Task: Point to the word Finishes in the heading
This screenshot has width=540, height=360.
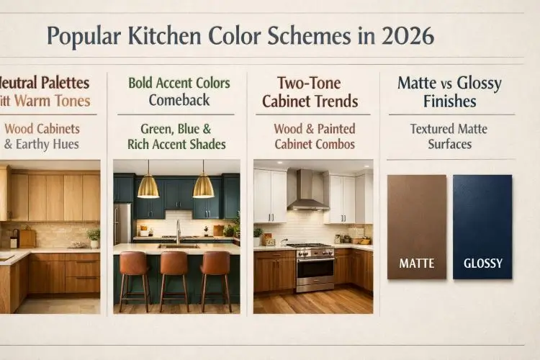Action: pyautogui.click(x=450, y=101)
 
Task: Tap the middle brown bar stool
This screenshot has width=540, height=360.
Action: pyautogui.click(x=175, y=269)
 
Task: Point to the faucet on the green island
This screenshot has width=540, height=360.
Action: pyautogui.click(x=178, y=231)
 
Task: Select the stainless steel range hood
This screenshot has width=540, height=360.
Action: pyautogui.click(x=307, y=192)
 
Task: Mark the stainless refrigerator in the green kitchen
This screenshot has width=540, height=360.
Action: pyautogui.click(x=122, y=223)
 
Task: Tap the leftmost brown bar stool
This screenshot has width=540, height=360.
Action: pyautogui.click(x=134, y=269)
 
